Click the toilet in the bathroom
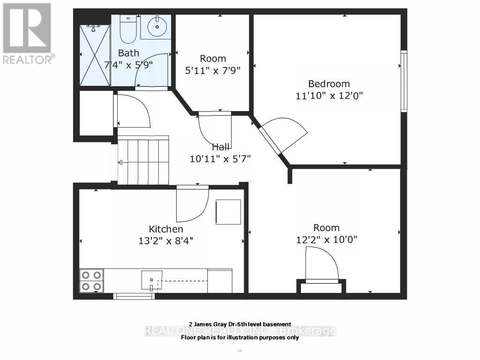[127, 29]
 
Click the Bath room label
[128, 52]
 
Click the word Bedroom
[329, 84]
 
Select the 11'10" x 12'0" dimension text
[329, 96]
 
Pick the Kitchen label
[166, 229]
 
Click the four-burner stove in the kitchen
[91, 280]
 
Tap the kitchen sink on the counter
[151, 280]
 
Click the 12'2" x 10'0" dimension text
[326, 240]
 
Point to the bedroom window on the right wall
[403, 81]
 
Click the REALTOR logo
[28, 33]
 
